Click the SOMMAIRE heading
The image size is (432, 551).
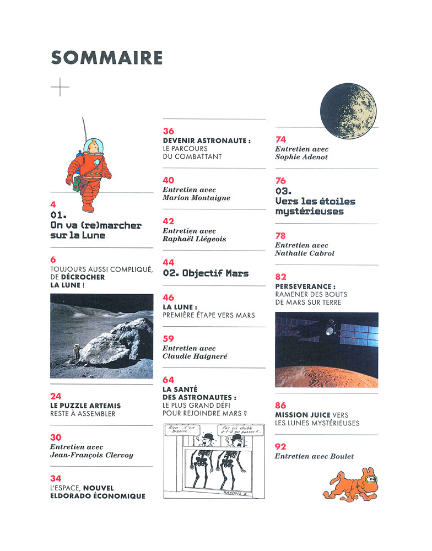tap(107, 58)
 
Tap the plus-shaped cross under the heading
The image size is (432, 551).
tap(60, 87)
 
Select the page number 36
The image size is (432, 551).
tap(169, 131)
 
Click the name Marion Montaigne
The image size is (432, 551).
tap(196, 198)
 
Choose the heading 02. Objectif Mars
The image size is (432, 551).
tap(206, 273)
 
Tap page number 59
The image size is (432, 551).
tap(169, 339)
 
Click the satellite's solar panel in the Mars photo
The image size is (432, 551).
tap(358, 332)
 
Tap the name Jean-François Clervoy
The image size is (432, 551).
tap(91, 456)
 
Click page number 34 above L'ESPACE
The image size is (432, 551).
tap(56, 478)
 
